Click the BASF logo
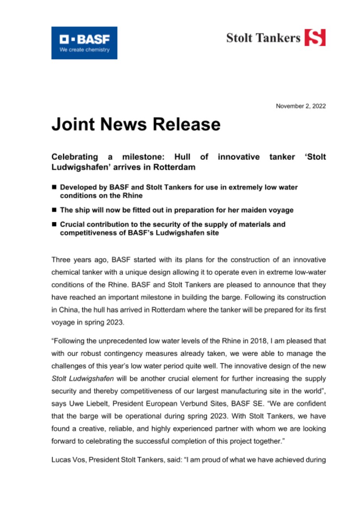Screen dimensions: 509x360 pos(84,43)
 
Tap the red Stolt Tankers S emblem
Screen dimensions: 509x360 pos(315,38)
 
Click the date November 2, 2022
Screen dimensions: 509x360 pos(301,106)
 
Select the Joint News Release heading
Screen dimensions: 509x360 pos(136,124)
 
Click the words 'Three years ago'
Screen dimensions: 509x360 pos(74,260)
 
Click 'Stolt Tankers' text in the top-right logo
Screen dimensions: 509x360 pos(263,38)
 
